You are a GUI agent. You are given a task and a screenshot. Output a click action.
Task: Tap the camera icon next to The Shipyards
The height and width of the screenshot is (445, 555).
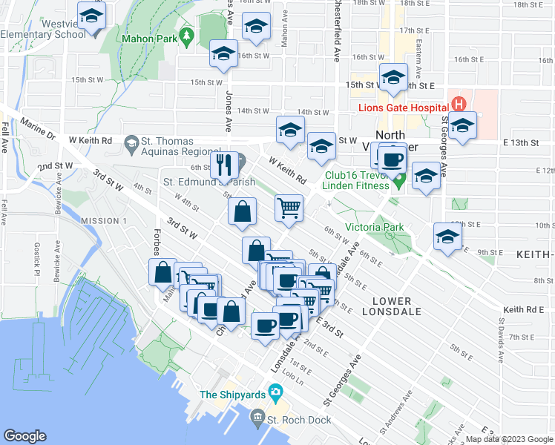[x=276, y=392]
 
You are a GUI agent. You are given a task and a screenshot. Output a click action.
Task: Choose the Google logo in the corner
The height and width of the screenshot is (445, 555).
[x=24, y=436]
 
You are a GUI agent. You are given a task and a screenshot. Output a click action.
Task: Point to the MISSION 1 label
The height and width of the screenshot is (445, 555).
[x=104, y=221]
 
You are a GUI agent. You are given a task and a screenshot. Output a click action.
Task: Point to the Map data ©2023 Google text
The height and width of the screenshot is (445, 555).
[x=508, y=439]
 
